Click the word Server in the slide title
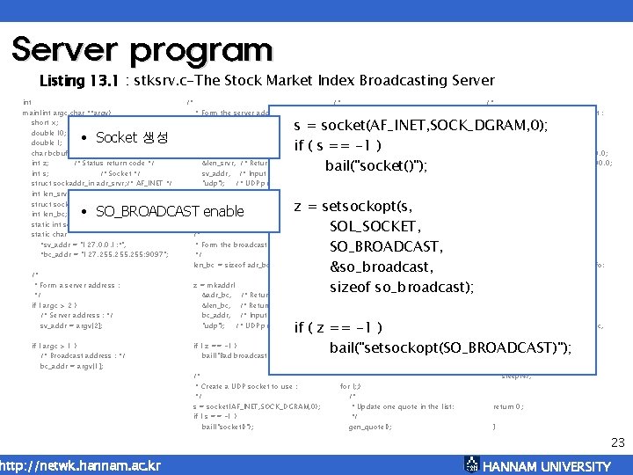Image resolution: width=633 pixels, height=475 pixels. coord(67,49)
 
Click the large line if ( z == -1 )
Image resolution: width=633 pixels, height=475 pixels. coord(338,328)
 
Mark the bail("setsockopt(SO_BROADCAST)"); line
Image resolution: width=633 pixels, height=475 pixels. coord(450,348)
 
